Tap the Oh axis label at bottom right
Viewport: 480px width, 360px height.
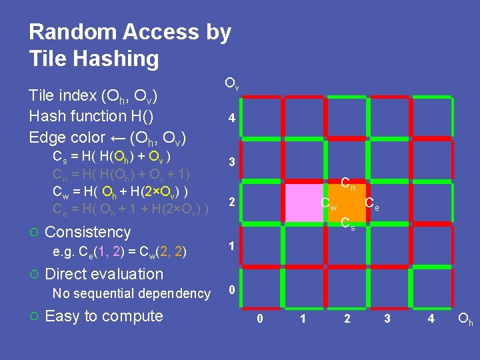click(465, 319)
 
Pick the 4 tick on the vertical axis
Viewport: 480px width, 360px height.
click(231, 119)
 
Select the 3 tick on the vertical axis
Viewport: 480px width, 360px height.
click(231, 162)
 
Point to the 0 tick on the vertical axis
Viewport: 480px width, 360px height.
click(231, 290)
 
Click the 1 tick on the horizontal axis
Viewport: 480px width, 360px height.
click(303, 319)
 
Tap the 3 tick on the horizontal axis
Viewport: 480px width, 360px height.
click(387, 319)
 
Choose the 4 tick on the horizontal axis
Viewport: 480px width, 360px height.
click(431, 319)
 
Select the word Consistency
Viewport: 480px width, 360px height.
click(87, 232)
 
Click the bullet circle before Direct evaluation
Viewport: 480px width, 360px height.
click(34, 275)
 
